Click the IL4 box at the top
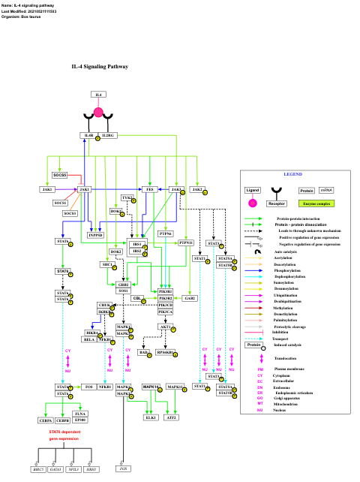coord(99,95)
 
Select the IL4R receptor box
coord(88,135)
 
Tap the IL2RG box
coord(108,135)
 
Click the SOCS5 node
coord(59,175)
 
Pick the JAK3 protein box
coord(48,189)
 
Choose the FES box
coord(150,189)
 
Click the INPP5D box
coord(95,235)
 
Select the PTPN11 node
coord(185,243)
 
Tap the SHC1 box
coord(107,264)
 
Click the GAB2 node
coord(190,298)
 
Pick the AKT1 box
coord(164,327)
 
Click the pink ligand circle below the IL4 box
coord(98,113)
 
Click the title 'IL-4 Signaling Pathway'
coord(100,67)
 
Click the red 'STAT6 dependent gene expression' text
coord(64,435)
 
